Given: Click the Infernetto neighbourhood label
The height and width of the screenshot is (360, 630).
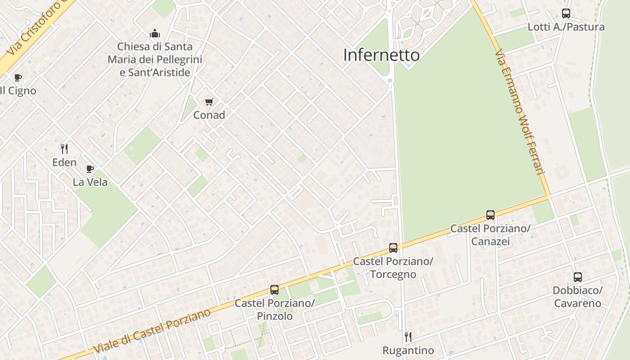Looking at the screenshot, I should (381, 55).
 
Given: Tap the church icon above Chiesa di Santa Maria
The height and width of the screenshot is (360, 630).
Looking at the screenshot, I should (155, 33).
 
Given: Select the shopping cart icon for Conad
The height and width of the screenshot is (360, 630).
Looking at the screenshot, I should (209, 102).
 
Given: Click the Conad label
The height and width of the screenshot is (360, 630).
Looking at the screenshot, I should (209, 115).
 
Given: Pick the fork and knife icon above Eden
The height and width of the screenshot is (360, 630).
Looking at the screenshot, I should (64, 149).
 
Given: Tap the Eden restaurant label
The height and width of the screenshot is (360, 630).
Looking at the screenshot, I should (64, 162).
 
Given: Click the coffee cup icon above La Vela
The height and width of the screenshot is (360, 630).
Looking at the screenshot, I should (90, 169).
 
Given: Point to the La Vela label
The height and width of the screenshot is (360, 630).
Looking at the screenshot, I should (90, 182).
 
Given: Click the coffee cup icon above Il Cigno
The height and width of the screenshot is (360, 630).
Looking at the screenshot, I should (18, 77).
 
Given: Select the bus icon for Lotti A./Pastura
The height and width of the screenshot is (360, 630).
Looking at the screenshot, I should (566, 13).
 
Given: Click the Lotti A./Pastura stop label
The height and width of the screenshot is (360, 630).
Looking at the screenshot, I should (566, 27).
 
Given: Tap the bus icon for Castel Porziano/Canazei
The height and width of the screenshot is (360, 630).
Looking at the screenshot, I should (490, 215).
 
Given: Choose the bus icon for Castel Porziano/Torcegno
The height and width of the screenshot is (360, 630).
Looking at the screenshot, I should (393, 248).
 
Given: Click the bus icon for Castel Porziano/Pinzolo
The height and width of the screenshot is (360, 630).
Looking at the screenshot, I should (274, 290).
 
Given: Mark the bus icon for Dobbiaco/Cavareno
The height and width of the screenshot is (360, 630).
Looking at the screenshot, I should (577, 277).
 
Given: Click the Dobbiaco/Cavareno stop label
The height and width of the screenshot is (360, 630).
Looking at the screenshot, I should (577, 297).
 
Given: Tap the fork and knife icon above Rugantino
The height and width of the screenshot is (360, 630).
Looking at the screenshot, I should (408, 337).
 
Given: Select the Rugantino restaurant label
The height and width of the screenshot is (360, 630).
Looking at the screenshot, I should (408, 350).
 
